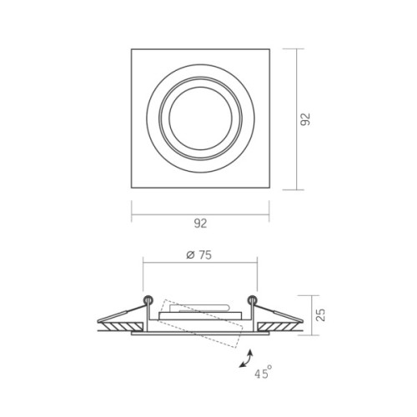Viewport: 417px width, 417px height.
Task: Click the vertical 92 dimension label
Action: [305, 119]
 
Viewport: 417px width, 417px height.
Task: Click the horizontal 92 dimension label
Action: [200, 224]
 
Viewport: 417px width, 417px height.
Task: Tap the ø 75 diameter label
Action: [199, 255]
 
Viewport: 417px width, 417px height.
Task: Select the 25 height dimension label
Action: [321, 315]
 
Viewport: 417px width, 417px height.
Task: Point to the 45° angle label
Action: [263, 373]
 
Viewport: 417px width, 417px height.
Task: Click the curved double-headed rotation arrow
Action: [246, 359]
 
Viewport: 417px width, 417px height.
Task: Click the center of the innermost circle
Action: [200, 118]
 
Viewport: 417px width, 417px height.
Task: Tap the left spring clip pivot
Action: [148, 299]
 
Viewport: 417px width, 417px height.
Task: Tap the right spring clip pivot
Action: [253, 299]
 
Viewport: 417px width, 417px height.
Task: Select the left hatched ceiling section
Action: [122, 327]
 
